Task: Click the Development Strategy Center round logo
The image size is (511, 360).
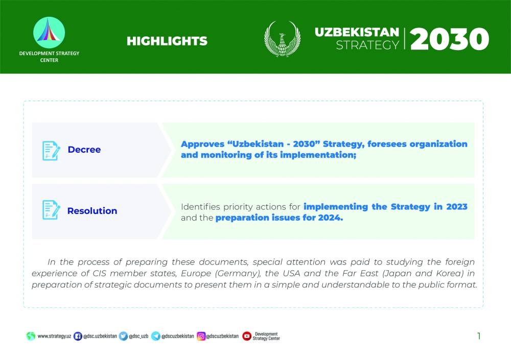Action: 49,33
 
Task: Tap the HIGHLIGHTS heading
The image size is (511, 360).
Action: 167,41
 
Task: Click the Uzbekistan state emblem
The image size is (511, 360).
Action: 282,39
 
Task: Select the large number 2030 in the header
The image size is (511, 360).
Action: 449,39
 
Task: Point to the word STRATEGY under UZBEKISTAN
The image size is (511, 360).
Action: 367,45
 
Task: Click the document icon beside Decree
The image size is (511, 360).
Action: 51,151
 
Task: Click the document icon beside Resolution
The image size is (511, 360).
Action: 51,210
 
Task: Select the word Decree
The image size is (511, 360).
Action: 84,150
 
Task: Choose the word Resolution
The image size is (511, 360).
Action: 92,211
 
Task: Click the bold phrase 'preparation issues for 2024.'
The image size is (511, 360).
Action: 280,218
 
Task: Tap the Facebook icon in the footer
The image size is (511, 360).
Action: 78,336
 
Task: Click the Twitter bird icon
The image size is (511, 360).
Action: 123,336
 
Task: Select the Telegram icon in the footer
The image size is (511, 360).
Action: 156,336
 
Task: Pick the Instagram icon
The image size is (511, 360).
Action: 201,336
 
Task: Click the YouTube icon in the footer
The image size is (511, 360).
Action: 247,336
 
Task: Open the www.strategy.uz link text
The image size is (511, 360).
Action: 54,336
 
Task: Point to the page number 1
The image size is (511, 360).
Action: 479,336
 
